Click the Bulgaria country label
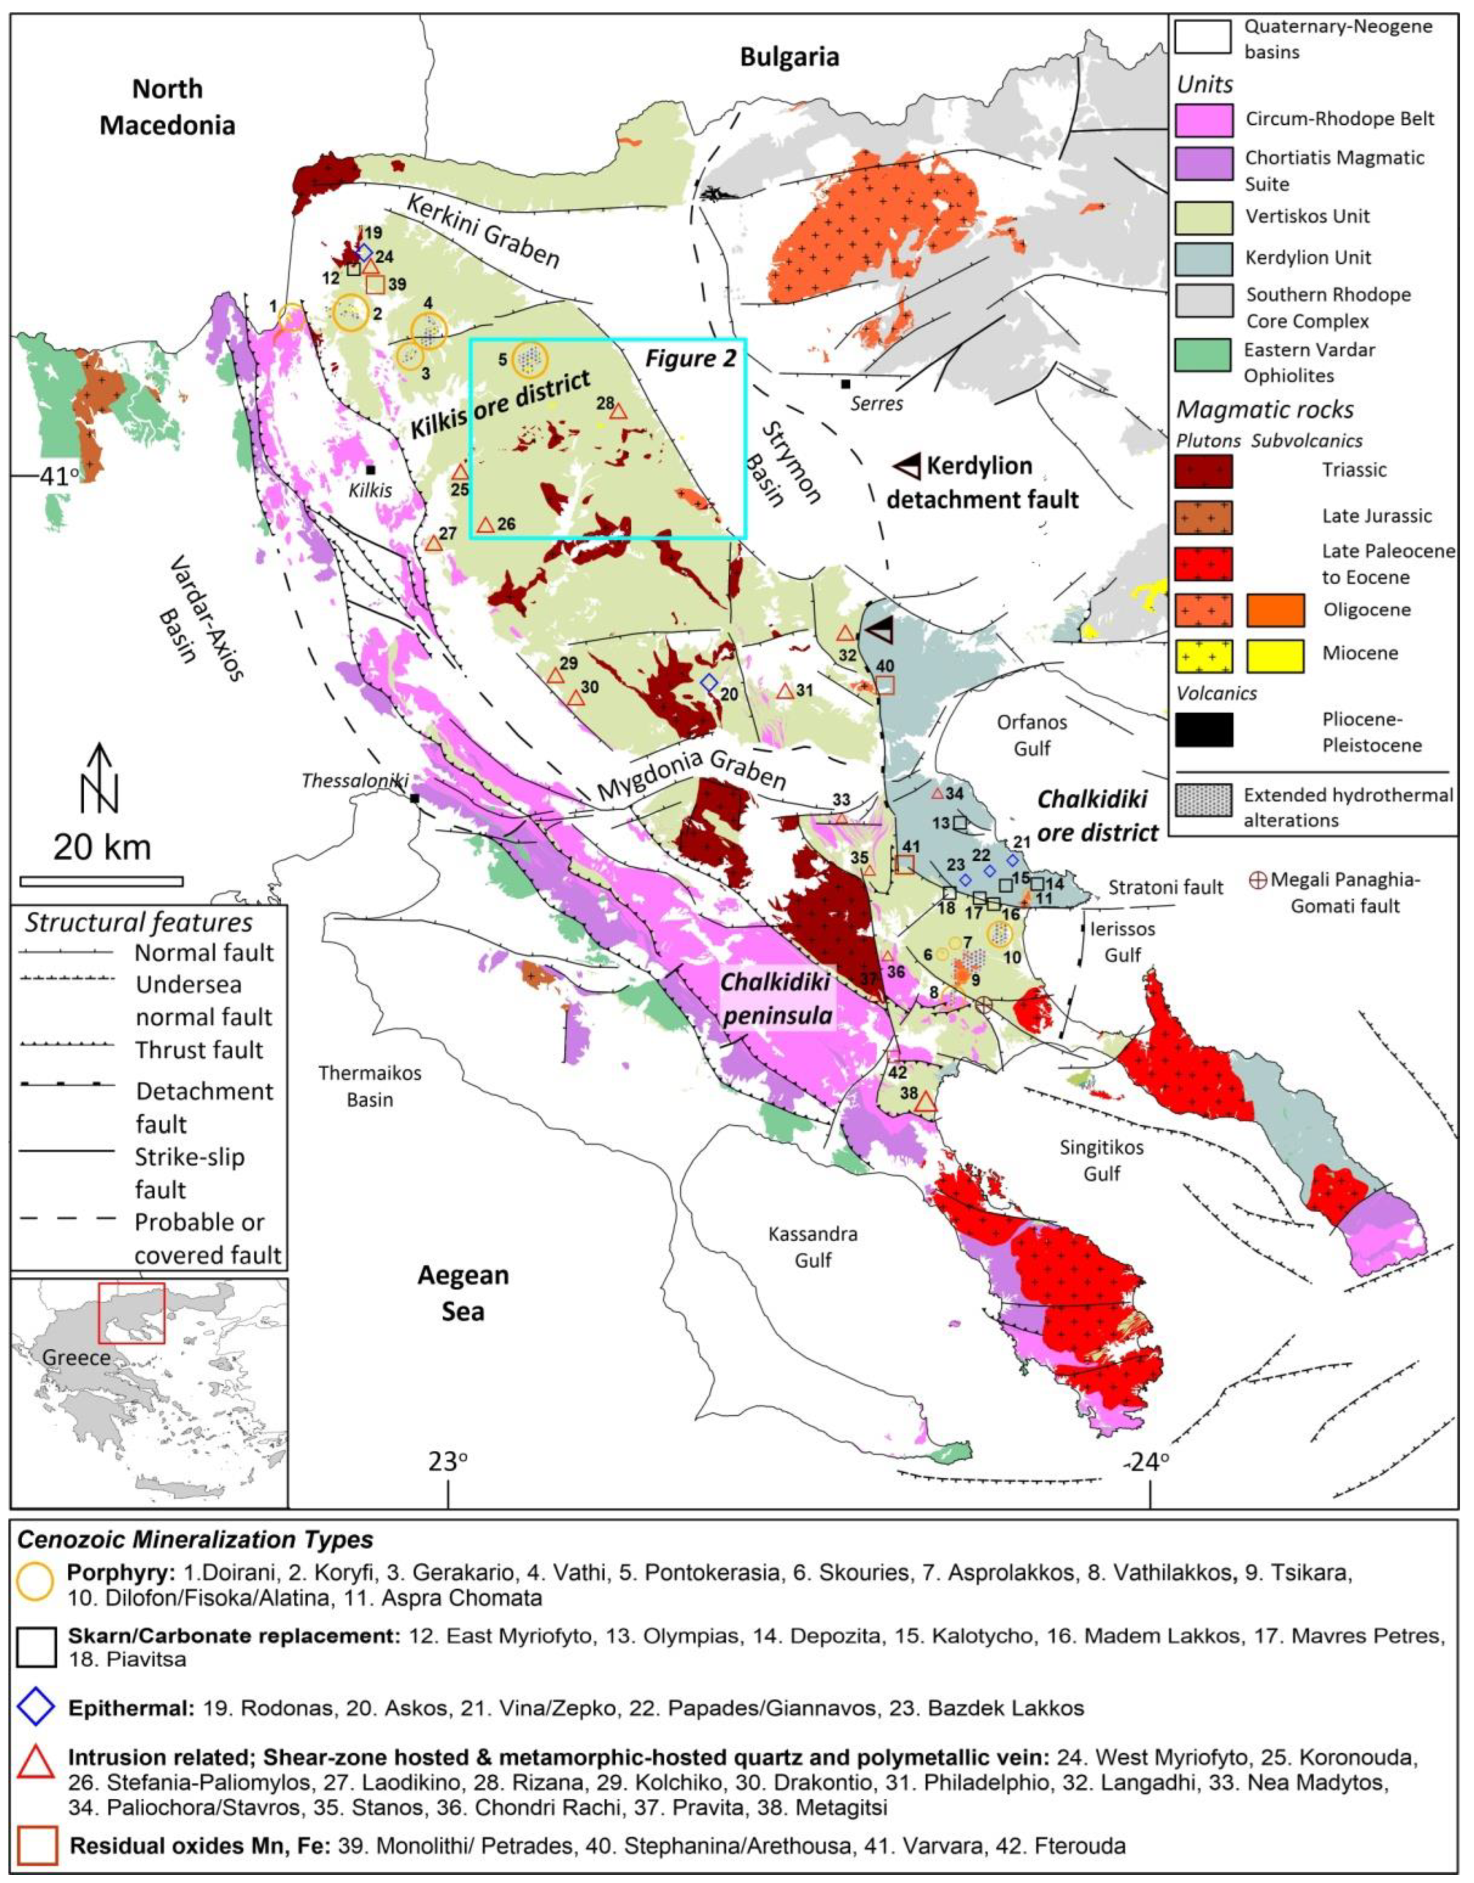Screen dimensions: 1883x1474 tap(789, 57)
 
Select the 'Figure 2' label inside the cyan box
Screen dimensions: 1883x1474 tap(690, 358)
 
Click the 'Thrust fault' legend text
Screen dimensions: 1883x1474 tap(199, 1050)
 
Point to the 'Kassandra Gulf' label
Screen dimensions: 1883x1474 tap(813, 1247)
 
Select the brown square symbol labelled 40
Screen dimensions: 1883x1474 tap(884, 684)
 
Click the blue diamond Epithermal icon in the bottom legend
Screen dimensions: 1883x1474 tap(38, 1708)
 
